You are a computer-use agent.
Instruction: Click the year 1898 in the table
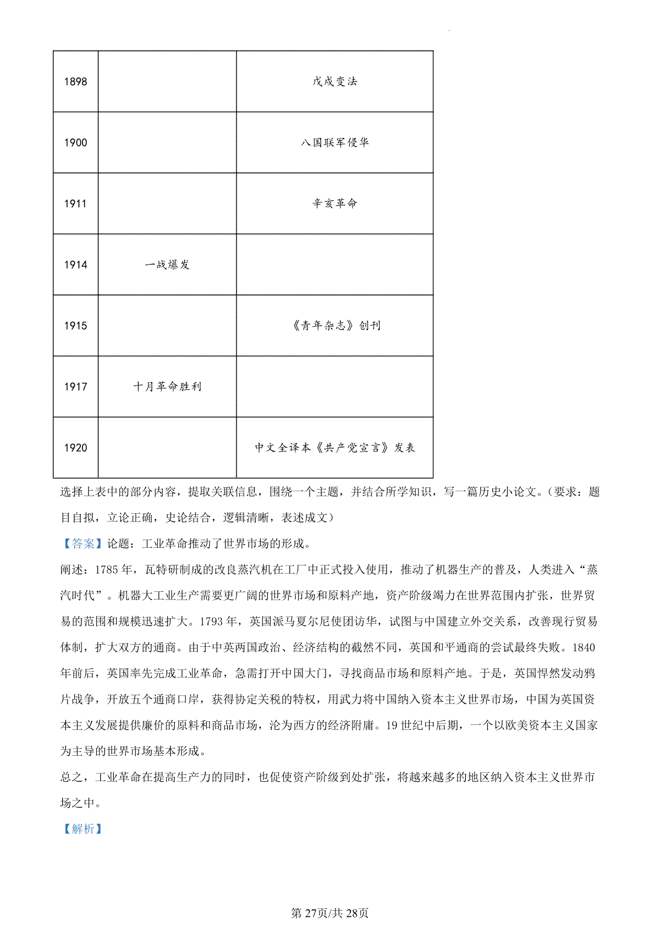click(x=75, y=82)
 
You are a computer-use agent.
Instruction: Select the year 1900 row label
click(x=75, y=143)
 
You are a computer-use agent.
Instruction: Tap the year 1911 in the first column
click(x=75, y=204)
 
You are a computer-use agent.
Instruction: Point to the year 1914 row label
click(x=75, y=265)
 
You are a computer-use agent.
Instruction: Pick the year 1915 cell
click(x=75, y=326)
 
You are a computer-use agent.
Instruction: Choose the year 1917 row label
click(x=75, y=387)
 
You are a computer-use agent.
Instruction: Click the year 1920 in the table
click(x=75, y=448)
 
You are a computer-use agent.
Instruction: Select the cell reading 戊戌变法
click(x=334, y=81)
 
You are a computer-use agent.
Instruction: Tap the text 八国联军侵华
click(x=334, y=142)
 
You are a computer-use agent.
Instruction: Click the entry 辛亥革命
click(x=334, y=204)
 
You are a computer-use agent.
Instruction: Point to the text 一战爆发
click(x=167, y=265)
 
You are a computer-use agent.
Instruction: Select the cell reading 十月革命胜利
click(x=167, y=387)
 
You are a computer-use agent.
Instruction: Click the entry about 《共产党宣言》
click(x=334, y=448)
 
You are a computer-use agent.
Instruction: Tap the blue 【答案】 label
click(x=82, y=544)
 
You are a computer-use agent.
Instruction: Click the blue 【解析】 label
click(x=82, y=829)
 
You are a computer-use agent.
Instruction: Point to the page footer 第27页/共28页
click(x=329, y=913)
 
